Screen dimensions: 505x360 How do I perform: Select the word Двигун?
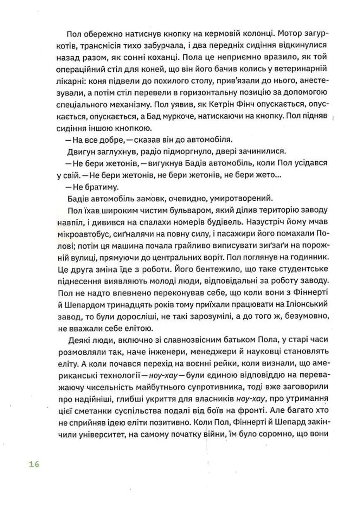click(78, 151)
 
